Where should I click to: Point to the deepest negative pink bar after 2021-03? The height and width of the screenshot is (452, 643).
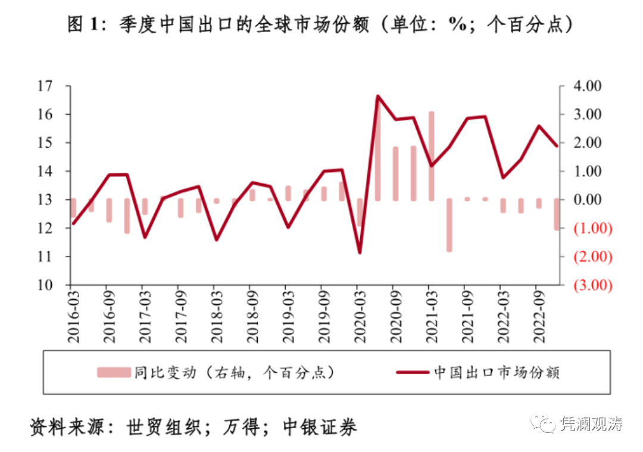449,225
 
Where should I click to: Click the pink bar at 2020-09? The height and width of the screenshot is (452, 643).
395,173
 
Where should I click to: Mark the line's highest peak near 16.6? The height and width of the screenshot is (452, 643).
377,96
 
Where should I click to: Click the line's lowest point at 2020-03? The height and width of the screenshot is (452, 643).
360,253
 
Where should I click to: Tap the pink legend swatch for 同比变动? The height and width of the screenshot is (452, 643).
114,372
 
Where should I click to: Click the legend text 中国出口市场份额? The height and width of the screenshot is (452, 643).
496,372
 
